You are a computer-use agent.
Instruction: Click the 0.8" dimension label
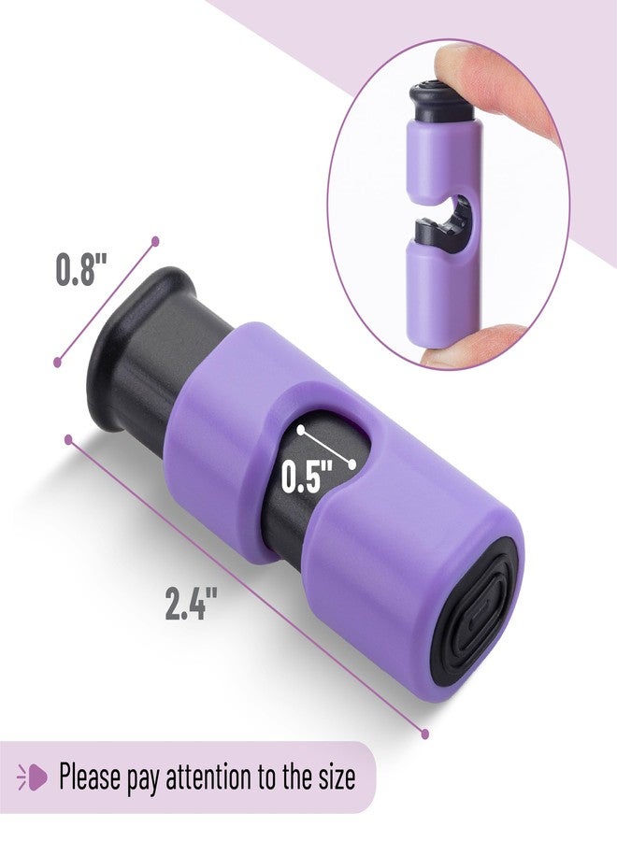[81, 268]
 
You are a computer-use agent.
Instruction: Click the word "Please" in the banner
[89, 777]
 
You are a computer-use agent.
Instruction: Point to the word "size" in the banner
[336, 777]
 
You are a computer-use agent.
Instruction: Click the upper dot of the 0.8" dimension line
[155, 241]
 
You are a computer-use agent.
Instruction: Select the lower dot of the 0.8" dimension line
[58, 363]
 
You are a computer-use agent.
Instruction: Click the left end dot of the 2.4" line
[68, 440]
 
